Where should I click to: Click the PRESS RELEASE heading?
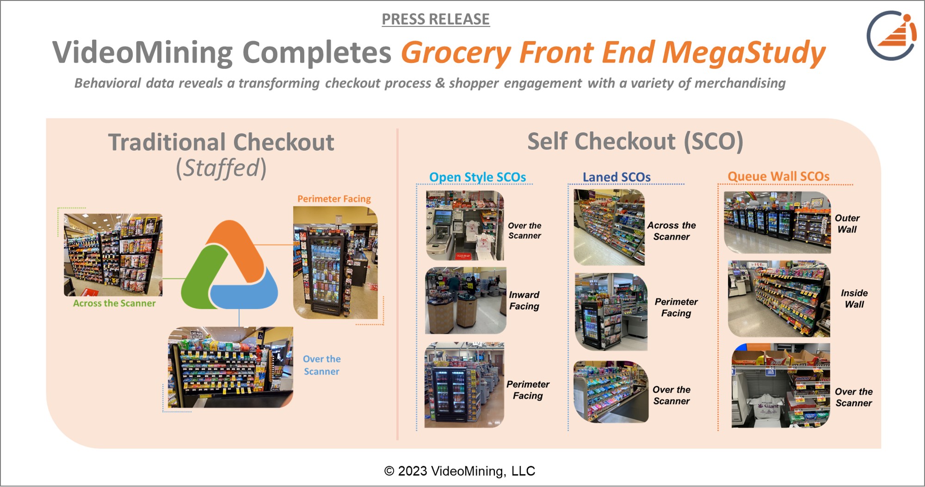pyautogui.click(x=436, y=19)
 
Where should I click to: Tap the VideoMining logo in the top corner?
pyautogui.click(x=891, y=36)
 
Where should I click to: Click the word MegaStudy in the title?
pyautogui.click(x=744, y=53)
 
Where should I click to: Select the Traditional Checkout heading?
pyautogui.click(x=221, y=142)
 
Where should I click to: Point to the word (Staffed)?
pyautogui.click(x=221, y=168)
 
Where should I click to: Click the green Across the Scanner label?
pyautogui.click(x=114, y=303)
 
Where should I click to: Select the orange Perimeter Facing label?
pyautogui.click(x=334, y=199)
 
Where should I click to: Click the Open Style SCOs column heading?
pyautogui.click(x=477, y=177)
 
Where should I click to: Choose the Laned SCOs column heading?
pyautogui.click(x=617, y=177)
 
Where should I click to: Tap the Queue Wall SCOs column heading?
pyautogui.click(x=778, y=176)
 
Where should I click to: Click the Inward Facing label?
pyautogui.click(x=524, y=301)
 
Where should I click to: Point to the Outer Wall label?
pyautogui.click(x=847, y=224)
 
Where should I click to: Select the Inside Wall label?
pyautogui.click(x=854, y=299)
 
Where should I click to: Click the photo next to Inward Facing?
pyautogui.click(x=466, y=301)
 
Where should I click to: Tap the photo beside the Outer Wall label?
pyautogui.click(x=777, y=222)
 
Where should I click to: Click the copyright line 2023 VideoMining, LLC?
pyautogui.click(x=459, y=471)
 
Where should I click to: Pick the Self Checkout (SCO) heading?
pyautogui.click(x=635, y=142)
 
